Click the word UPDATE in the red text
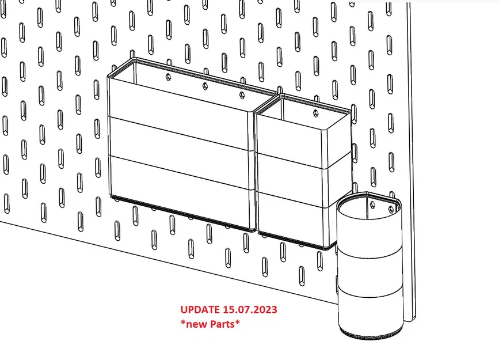(x=199, y=310)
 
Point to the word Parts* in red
(x=224, y=324)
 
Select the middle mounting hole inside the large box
(x=204, y=86)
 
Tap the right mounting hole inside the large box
(x=242, y=94)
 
